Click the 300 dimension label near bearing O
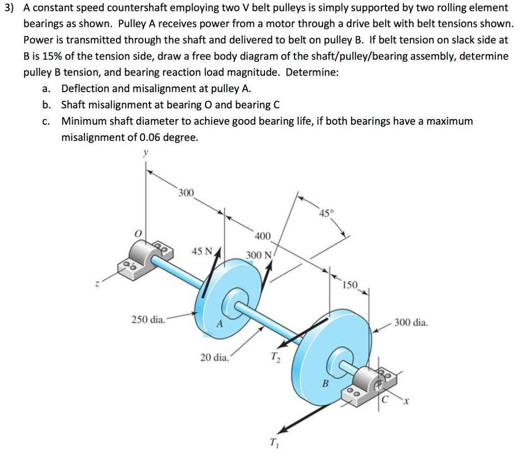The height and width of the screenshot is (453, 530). tap(186, 193)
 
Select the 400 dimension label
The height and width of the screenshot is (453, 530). tap(262, 237)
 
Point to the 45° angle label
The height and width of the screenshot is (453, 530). tap(327, 213)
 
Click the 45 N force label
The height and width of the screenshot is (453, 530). tap(202, 252)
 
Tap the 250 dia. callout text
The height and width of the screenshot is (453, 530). tap(149, 319)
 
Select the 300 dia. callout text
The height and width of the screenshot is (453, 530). tap(411, 323)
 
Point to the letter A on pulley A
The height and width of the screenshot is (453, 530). tap(219, 325)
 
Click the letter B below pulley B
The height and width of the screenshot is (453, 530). tap(326, 384)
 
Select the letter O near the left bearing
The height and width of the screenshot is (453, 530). tap(138, 234)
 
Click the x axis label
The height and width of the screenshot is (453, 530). tap(406, 401)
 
